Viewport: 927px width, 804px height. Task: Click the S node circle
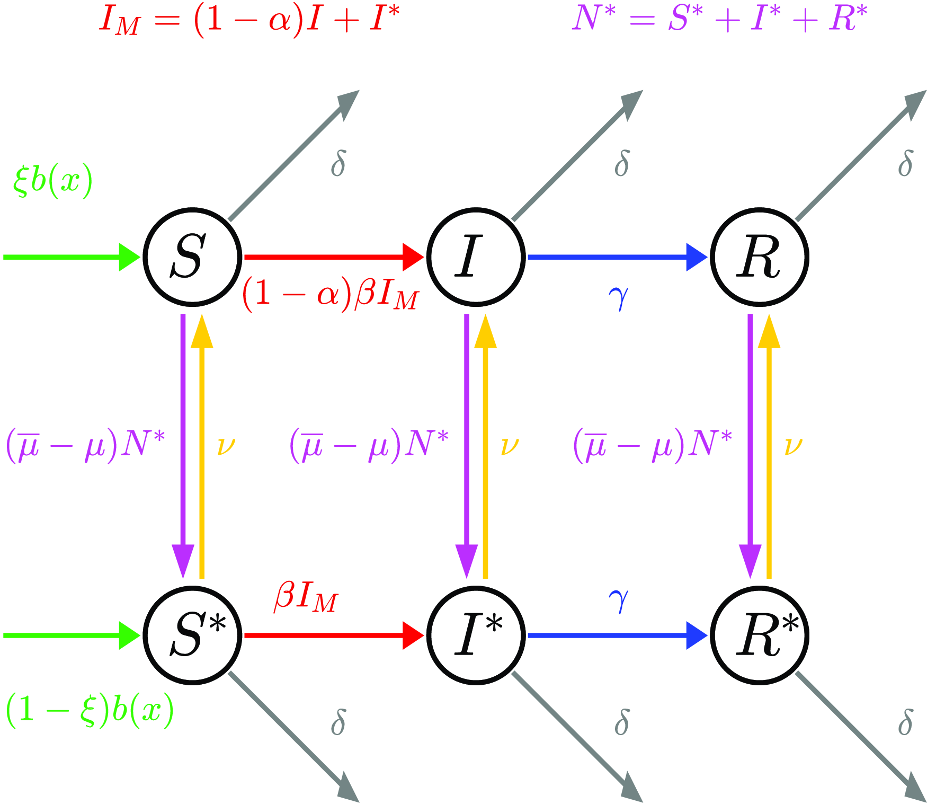192,257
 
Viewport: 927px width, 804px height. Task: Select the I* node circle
476,635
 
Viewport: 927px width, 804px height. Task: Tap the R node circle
760,257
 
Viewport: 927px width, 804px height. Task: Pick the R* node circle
760,635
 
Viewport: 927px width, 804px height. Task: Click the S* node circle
192,635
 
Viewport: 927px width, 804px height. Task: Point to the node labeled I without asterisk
476,257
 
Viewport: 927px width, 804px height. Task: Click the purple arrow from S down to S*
183,445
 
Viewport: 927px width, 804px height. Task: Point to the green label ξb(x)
52,181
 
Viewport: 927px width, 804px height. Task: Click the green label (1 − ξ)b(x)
90,710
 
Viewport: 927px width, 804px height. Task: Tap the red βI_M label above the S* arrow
306,598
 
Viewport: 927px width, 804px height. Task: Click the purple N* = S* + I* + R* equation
720,19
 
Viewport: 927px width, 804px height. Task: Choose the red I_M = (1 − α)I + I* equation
249,21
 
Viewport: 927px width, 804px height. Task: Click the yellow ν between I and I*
510,446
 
